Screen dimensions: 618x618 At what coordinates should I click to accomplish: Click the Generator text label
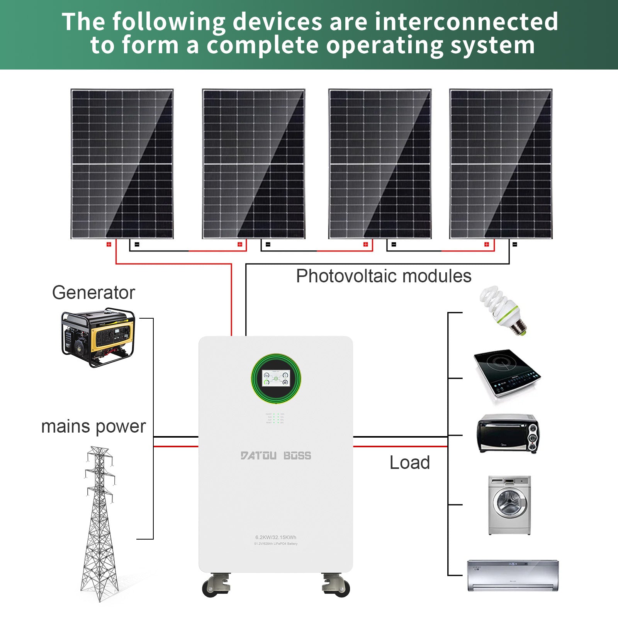[x=93, y=292]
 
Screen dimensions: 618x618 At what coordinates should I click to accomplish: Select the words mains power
[x=93, y=426]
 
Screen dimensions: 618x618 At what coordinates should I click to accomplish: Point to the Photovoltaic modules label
[x=384, y=276]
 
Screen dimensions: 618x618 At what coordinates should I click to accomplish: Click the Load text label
[x=409, y=462]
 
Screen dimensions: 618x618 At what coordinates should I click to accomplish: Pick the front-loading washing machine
[x=509, y=505]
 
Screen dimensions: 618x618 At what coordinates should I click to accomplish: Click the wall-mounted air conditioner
[x=513, y=575]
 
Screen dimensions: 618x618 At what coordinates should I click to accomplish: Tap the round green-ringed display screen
[x=276, y=378]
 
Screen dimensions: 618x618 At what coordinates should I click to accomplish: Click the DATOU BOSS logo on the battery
[x=276, y=456]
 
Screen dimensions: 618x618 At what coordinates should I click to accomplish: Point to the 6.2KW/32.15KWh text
[x=276, y=537]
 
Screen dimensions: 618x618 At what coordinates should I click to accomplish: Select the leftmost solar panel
[x=122, y=164]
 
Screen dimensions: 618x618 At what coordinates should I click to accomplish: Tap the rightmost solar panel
[x=501, y=164]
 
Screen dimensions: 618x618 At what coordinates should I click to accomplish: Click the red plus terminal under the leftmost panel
[x=109, y=244]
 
